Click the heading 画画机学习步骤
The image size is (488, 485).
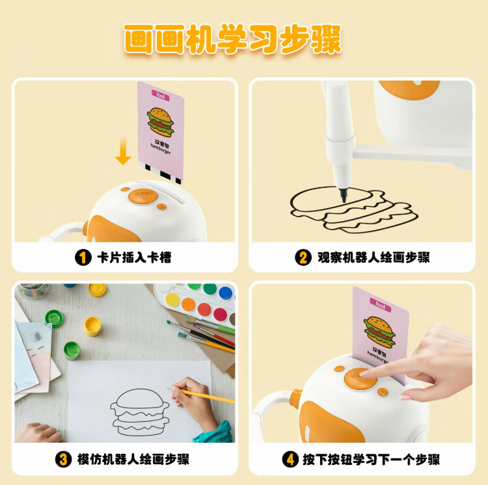[x=232, y=40]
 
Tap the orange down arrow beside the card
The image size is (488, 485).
[x=123, y=151]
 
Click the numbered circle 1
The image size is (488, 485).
[x=83, y=257]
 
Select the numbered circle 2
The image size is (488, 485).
[x=303, y=257]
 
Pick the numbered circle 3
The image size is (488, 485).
[x=64, y=460]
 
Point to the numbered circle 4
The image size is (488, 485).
[x=290, y=460]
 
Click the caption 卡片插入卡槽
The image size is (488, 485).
[x=134, y=257]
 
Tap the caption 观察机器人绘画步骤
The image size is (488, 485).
[x=373, y=257]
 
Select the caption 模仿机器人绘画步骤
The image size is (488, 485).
[x=133, y=460]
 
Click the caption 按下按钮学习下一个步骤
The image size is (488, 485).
[x=372, y=460]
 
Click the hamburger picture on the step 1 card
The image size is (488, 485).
[x=160, y=122]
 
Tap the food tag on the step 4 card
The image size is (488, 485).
[x=381, y=305]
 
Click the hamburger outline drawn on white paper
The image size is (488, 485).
[x=140, y=412]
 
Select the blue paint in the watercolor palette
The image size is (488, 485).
[x=226, y=293]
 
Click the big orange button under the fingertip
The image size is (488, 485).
[x=360, y=378]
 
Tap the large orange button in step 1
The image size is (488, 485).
[x=143, y=196]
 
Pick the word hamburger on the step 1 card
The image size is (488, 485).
[x=161, y=149]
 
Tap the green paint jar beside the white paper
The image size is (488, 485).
[x=72, y=350]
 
